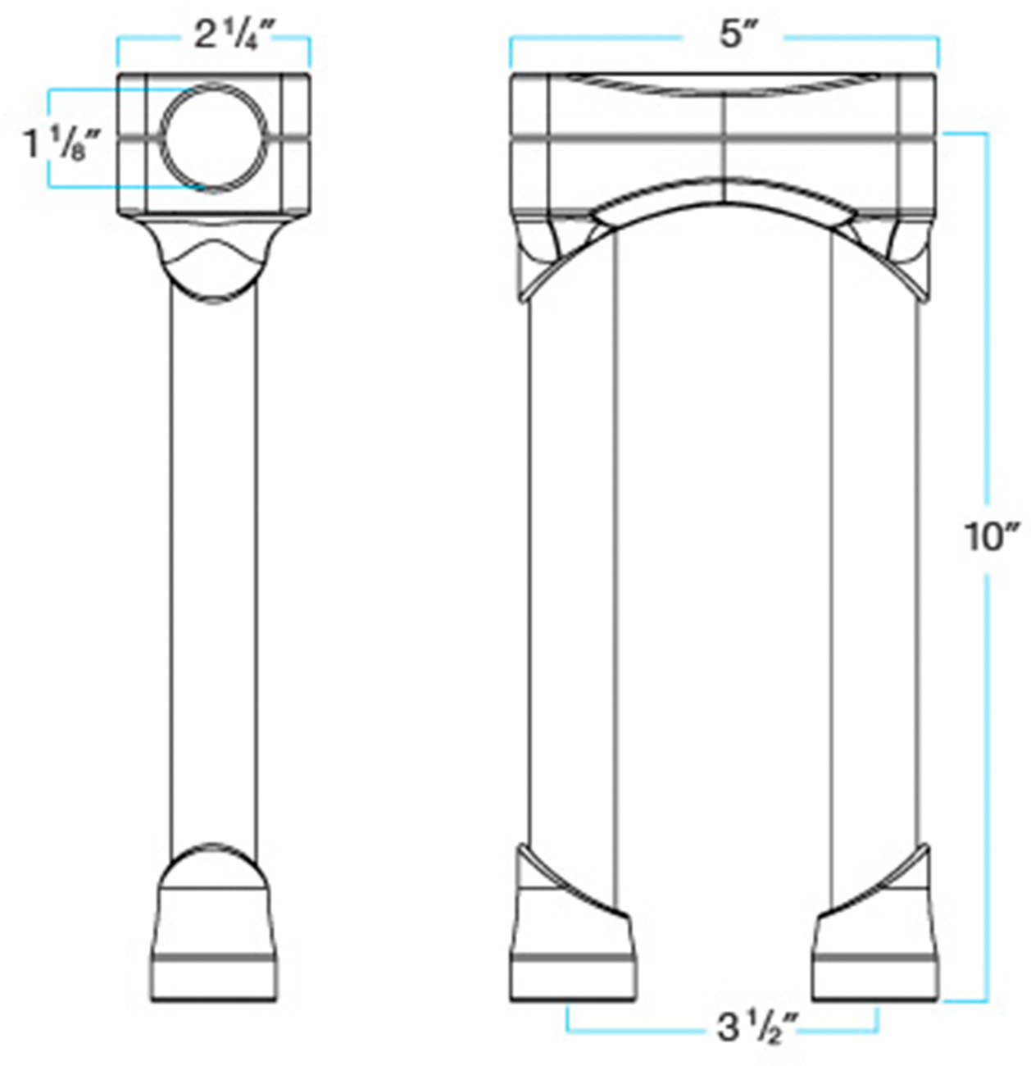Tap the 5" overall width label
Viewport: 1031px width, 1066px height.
coord(731,36)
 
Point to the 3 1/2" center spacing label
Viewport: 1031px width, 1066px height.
coord(757,1027)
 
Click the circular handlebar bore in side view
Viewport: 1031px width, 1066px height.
coord(214,137)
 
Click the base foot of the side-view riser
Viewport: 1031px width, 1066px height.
coord(215,943)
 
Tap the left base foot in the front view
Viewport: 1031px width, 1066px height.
coord(573,951)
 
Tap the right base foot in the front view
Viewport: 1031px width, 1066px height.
coord(875,951)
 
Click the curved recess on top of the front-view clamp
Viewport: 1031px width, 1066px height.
coord(723,84)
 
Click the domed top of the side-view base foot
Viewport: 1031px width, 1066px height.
coord(214,865)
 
